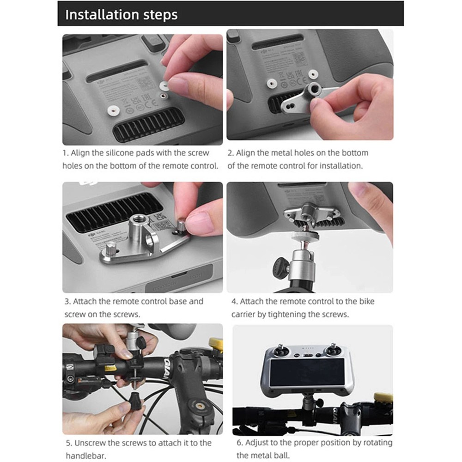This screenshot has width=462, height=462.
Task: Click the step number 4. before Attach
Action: [x=235, y=301]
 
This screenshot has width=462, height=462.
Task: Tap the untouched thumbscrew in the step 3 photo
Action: [x=112, y=253]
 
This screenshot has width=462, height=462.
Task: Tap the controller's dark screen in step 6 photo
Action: [x=307, y=372]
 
